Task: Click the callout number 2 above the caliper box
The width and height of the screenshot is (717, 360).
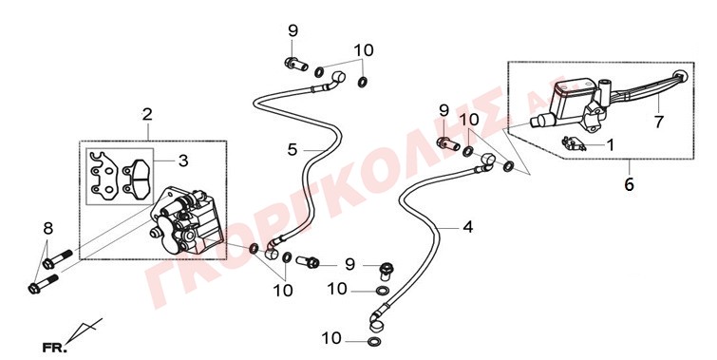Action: pos(147,115)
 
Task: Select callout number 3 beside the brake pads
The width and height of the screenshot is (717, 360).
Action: pos(183,161)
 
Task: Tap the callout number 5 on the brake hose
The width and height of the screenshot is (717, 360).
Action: pos(292,149)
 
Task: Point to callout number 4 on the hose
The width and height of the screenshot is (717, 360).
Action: pos(468,227)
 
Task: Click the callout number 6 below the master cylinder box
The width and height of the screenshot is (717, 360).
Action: pos(630,185)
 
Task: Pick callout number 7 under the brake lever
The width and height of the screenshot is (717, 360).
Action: pos(658,122)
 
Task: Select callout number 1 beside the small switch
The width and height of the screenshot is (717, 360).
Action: pos(611,145)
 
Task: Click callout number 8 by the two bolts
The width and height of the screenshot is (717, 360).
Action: pos(48,228)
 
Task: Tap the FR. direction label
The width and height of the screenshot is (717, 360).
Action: pos(54,348)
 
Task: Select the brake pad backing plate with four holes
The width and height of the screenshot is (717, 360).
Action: pos(104,176)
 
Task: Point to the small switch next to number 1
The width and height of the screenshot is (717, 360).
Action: pos(574,143)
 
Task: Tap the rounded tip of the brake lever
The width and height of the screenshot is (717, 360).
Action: pos(681,76)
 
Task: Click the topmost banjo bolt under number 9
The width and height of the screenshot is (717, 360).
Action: pos(295,65)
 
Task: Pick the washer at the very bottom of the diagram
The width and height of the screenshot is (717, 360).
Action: pos(373,342)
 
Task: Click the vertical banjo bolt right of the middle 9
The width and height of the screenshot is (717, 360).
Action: pos(387,272)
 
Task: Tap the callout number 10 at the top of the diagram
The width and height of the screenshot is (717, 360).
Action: pos(364,50)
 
